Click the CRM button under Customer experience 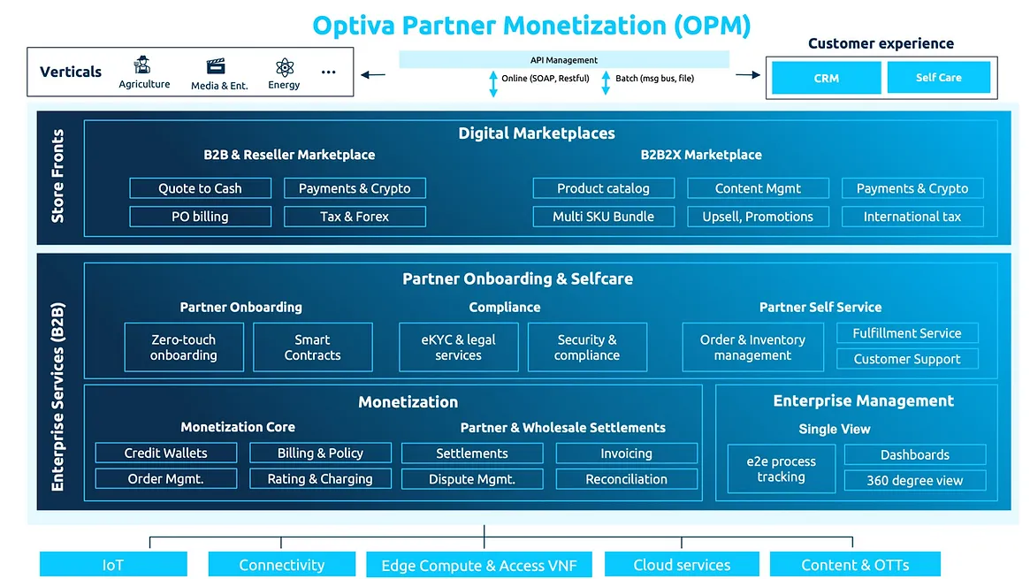[826, 78]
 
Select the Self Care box [938, 78]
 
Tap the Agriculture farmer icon [143, 66]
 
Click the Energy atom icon [284, 68]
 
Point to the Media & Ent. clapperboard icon [216, 67]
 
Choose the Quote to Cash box [200, 188]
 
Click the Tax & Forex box [355, 217]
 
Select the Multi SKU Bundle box [603, 217]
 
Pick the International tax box [912, 217]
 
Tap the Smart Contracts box [312, 347]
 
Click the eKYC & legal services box [458, 347]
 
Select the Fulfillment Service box [907, 333]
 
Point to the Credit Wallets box [166, 453]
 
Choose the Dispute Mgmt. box [472, 479]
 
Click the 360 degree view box [914, 481]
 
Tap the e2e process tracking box [781, 469]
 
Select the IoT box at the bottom [113, 565]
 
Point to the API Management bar [564, 60]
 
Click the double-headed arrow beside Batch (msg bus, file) [606, 82]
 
